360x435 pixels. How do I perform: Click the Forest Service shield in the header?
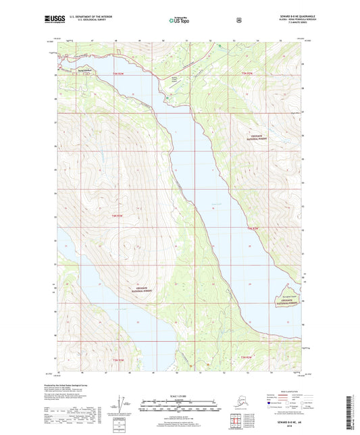(x=238, y=21)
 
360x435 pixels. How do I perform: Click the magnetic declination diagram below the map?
(x=124, y=403)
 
